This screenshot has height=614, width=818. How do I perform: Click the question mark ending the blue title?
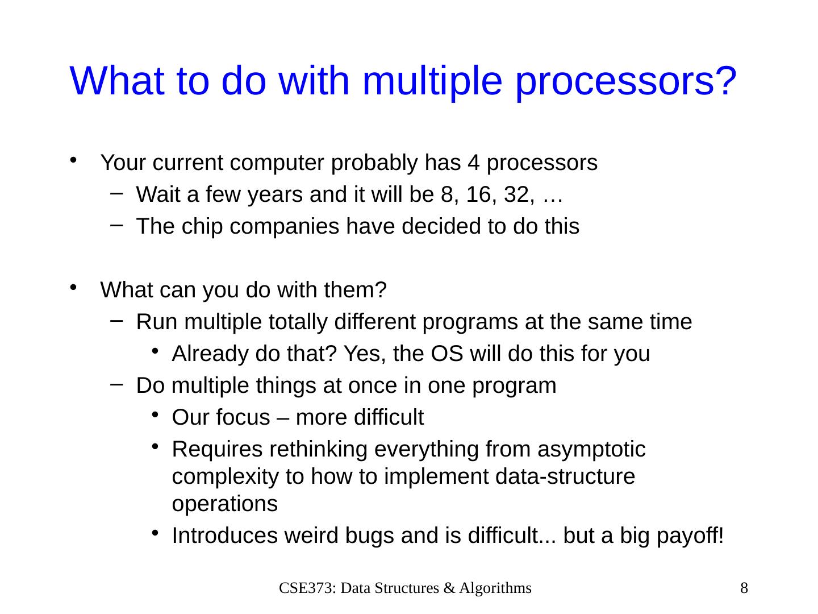[725, 81]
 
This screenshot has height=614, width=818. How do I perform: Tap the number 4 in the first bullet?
[473, 163]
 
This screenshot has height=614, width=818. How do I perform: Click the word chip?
[202, 227]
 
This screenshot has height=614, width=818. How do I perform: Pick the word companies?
[285, 227]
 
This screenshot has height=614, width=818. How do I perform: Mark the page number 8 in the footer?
[744, 588]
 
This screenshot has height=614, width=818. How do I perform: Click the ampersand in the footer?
[449, 588]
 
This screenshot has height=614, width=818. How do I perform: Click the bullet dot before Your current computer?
[73, 160]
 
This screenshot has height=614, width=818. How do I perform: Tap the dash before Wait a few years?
[116, 193]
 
